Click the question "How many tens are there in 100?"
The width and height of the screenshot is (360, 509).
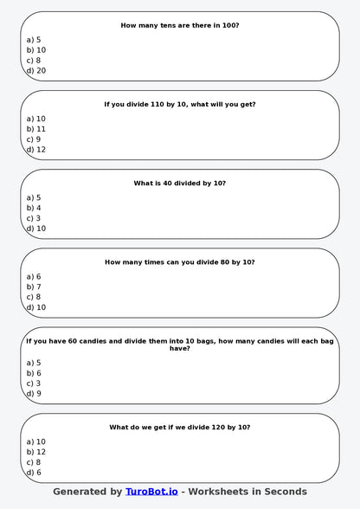click(180, 26)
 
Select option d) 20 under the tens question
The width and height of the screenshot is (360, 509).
click(36, 71)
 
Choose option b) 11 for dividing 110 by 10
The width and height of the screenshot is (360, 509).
click(36, 129)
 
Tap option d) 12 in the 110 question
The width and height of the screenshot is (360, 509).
click(36, 150)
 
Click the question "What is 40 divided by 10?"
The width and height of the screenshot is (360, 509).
click(180, 184)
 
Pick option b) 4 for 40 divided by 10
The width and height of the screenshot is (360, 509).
click(34, 208)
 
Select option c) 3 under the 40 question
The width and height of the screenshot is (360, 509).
click(34, 218)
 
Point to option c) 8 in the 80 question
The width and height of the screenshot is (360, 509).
click(34, 297)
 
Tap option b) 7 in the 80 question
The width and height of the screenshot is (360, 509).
click(34, 287)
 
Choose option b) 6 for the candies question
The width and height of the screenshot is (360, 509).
click(34, 373)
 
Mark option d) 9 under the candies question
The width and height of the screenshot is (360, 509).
click(34, 394)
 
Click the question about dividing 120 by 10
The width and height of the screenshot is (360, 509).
click(180, 428)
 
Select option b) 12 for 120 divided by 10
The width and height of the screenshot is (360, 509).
click(36, 452)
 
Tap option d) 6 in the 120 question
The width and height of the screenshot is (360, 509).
click(34, 473)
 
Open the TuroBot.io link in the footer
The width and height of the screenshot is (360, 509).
click(151, 492)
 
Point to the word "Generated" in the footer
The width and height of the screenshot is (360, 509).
click(80, 492)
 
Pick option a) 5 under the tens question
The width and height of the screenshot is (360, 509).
click(34, 40)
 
